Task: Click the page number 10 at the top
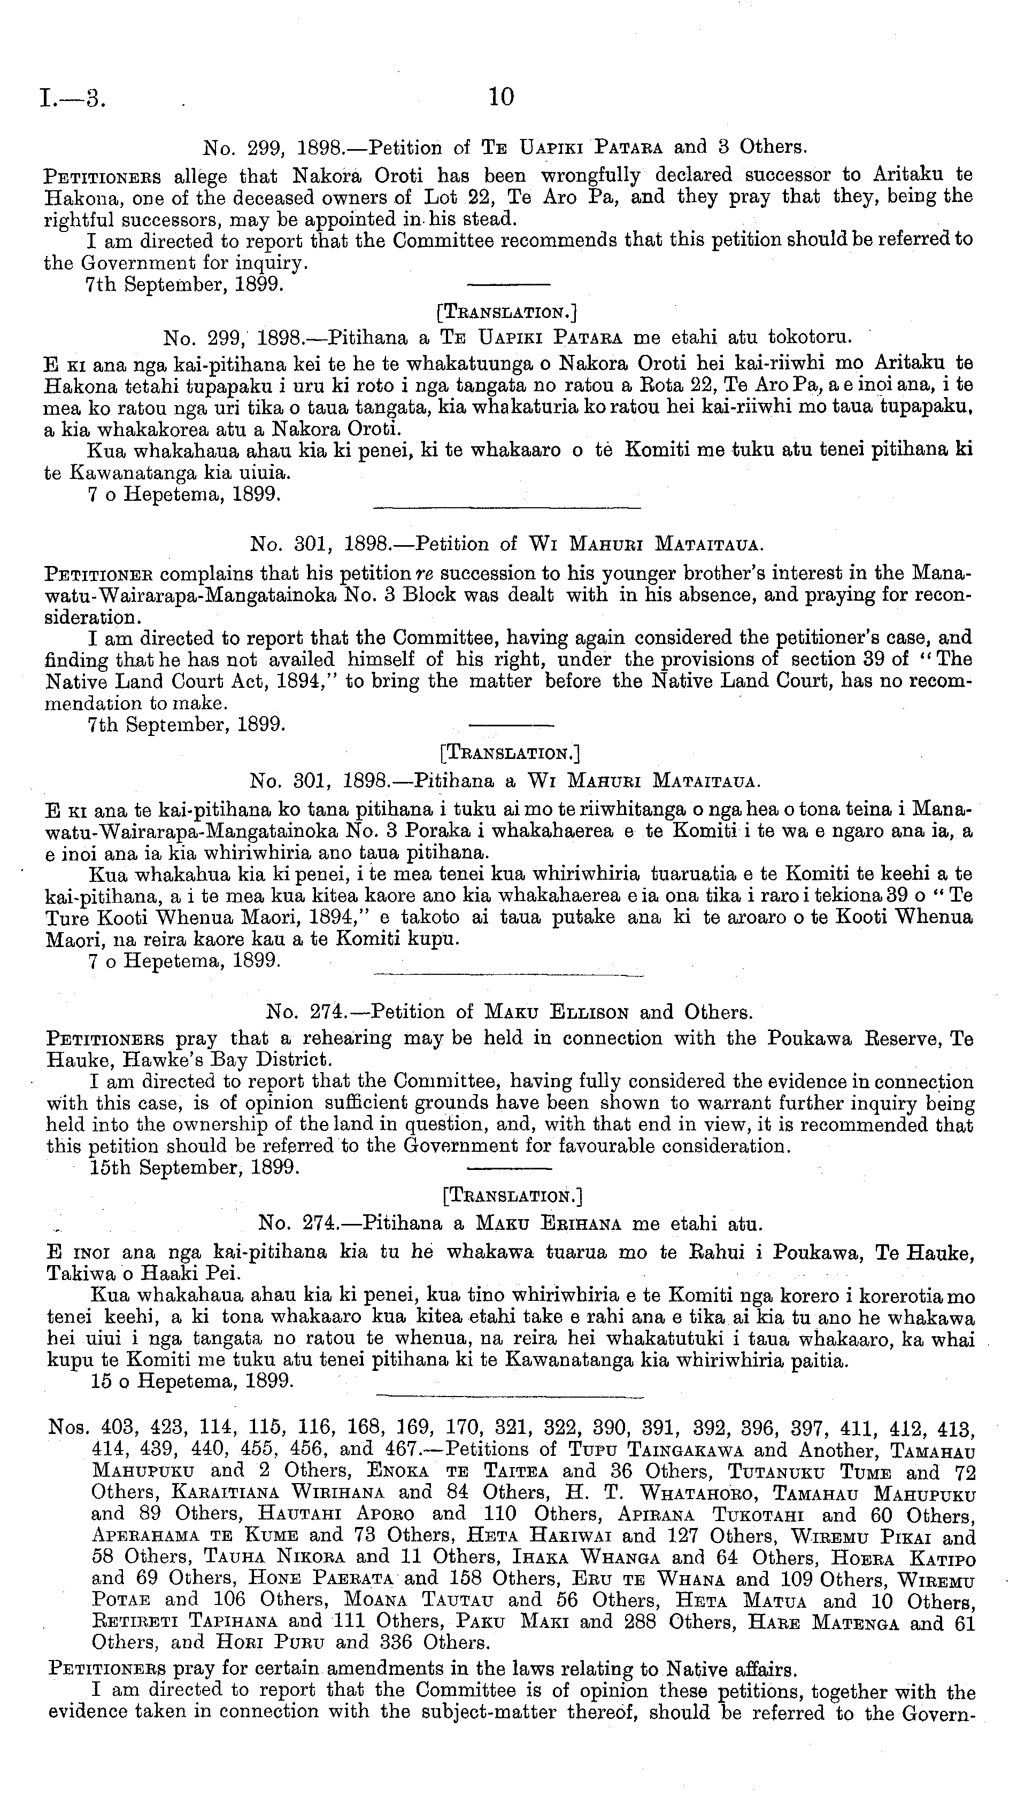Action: (x=502, y=96)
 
